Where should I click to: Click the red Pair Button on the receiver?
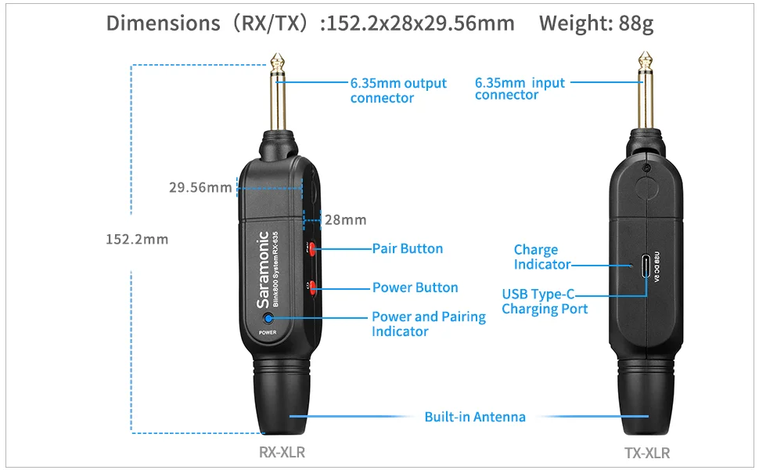(x=312, y=249)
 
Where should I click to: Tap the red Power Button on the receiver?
(x=312, y=287)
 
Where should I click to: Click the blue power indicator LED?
(x=268, y=318)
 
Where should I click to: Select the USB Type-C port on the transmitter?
(x=646, y=266)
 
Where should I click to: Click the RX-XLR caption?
(x=282, y=452)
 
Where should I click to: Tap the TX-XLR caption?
(x=647, y=453)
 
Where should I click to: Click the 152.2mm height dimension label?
(x=137, y=239)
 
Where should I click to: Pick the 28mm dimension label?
(x=345, y=220)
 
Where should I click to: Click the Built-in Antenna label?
(x=475, y=417)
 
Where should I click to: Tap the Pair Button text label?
(x=407, y=248)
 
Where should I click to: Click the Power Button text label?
(x=415, y=287)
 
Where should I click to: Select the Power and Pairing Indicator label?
(x=428, y=324)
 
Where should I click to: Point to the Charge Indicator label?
(x=541, y=257)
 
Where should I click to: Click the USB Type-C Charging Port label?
(x=545, y=302)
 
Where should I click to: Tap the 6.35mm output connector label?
(x=398, y=90)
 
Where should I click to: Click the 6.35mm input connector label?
(x=519, y=89)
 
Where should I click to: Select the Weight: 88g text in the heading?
(x=596, y=23)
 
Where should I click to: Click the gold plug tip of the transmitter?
(x=646, y=62)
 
